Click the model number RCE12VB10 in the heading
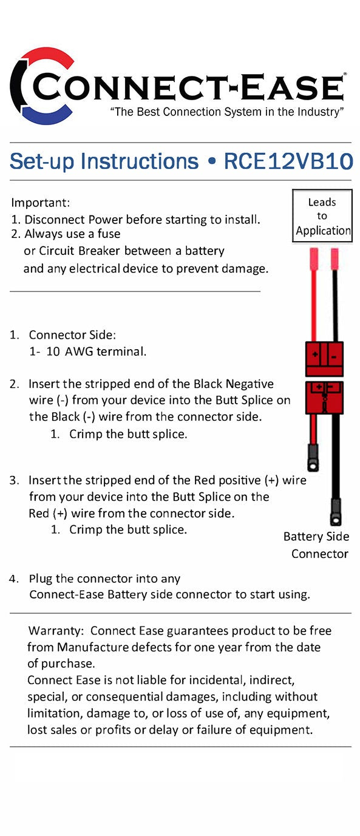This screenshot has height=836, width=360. tap(288, 161)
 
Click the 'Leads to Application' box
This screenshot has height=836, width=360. tap(322, 216)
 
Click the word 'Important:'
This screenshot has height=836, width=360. tap(41, 202)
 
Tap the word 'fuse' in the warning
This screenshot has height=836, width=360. tap(108, 234)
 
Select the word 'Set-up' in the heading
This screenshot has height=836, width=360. tap(42, 161)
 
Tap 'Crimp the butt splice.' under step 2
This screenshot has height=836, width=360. tap(128, 434)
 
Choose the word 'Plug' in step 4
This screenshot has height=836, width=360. tap(41, 579)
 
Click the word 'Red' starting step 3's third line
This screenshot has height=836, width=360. tap(39, 513)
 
